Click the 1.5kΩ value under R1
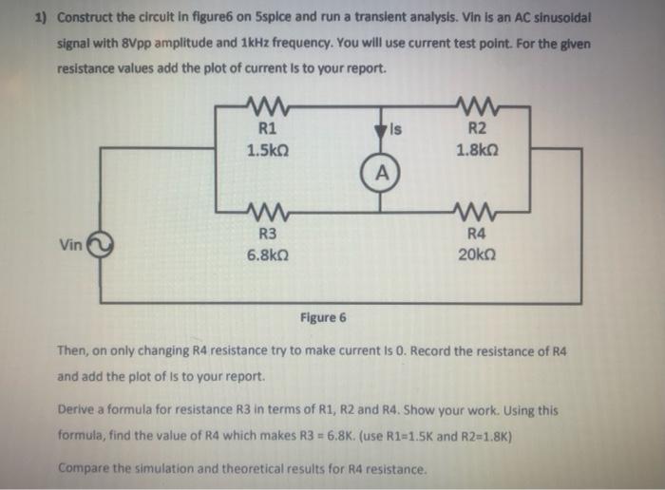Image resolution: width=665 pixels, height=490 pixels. click(267, 149)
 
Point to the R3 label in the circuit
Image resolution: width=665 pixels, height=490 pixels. click(267, 234)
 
